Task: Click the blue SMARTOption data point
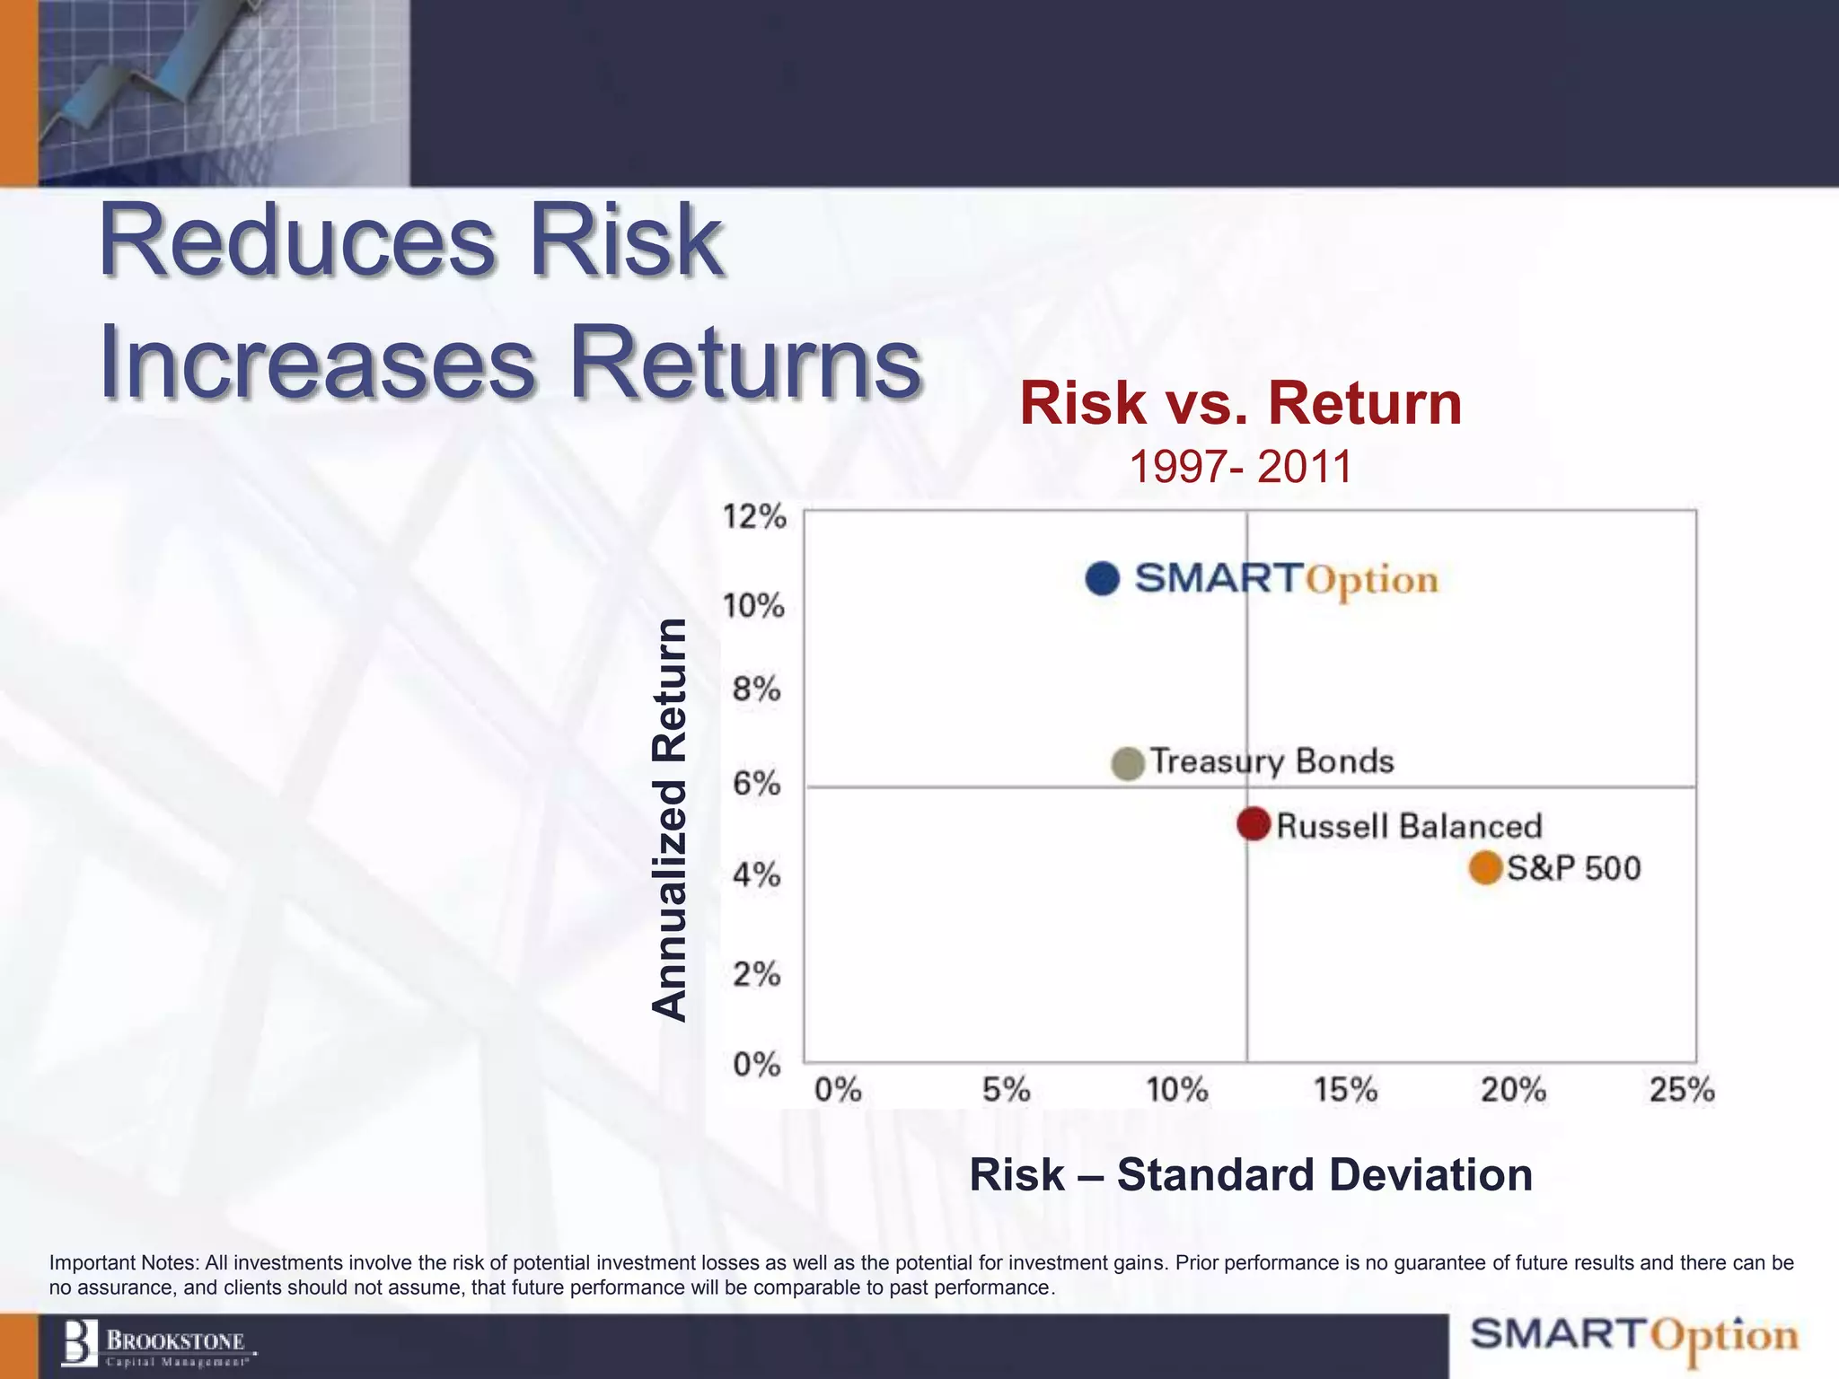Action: pos(1103,578)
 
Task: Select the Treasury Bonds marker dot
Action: pos(1128,763)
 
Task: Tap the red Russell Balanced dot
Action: pos(1254,823)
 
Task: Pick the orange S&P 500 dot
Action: pos(1486,868)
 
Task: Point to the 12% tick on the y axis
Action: pos(754,517)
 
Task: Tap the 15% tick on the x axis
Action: pos(1345,1090)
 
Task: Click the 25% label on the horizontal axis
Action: pos(1682,1090)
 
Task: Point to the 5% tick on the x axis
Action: pos(1006,1090)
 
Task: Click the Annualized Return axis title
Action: pos(669,819)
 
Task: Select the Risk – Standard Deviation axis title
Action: pos(1251,1174)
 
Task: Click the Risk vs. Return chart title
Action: pos(1241,403)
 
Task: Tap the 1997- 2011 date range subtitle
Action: pos(1240,467)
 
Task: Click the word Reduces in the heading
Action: pos(296,241)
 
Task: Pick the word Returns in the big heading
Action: pos(745,363)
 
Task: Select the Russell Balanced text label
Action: pos(1408,826)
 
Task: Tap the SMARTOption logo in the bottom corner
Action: pos(1634,1336)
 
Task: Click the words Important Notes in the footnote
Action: pos(123,1262)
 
